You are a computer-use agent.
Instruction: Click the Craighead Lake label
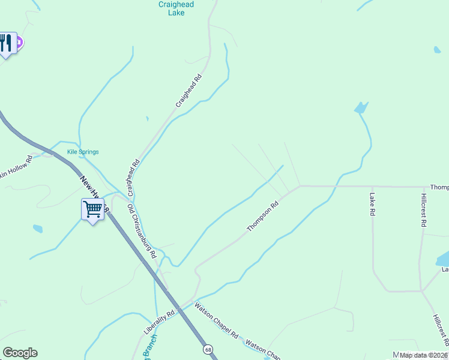coord(176,8)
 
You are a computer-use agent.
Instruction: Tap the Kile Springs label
coord(83,152)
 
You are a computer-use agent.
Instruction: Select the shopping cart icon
coord(93,209)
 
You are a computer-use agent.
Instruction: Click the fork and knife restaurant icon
coord(6,43)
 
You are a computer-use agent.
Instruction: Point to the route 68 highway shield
coord(208,349)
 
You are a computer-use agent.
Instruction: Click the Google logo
coord(20,353)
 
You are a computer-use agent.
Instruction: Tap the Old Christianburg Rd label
coord(142,230)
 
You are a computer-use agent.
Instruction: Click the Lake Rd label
coord(372,205)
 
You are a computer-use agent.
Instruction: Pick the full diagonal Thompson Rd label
coord(264,217)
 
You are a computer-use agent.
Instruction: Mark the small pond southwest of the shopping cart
coord(37,229)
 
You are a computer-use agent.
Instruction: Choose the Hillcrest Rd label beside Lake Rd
coord(424,210)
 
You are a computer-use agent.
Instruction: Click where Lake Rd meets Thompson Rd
coord(372,186)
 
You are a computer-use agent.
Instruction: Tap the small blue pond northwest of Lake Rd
coord(360,108)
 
